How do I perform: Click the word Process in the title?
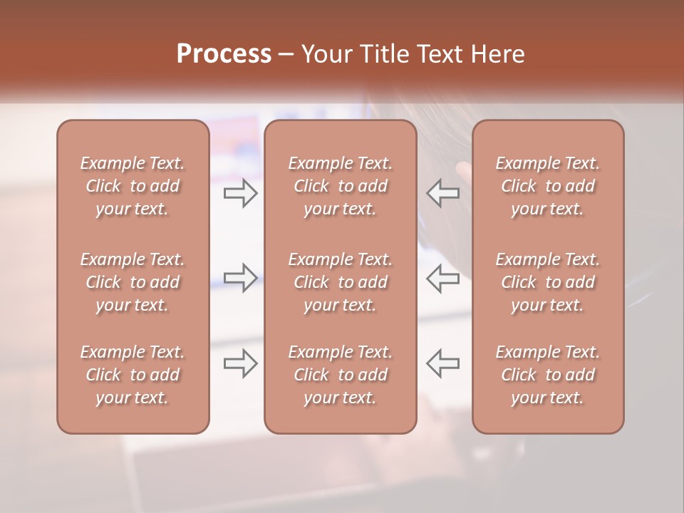coord(224,54)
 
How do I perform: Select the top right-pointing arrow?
coord(240,193)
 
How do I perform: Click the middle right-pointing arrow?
coord(240,277)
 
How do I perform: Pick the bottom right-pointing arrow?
coord(240,363)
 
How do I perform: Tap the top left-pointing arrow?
coord(442,193)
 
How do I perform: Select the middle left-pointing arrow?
coord(442,277)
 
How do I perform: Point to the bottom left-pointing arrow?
coord(442,363)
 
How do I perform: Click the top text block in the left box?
coord(133,186)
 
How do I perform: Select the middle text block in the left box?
coord(133,282)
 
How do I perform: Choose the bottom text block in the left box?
coord(133,375)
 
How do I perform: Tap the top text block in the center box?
coord(341,186)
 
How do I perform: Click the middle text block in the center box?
coord(341,282)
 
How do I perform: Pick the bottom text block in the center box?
coord(341,375)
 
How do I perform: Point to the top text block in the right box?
coord(548,186)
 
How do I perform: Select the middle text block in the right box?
coord(548,282)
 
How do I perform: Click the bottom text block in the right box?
coord(548,375)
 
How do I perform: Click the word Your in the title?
coord(326,54)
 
